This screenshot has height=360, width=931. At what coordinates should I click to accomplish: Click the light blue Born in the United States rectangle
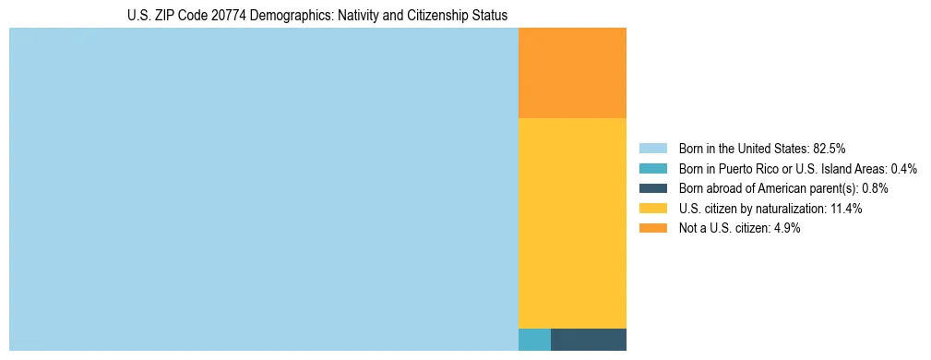[264, 189]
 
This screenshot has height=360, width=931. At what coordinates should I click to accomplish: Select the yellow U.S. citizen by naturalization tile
[572, 223]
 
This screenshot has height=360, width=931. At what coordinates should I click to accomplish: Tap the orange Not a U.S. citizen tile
[572, 73]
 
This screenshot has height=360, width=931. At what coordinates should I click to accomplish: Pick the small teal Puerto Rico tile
[534, 340]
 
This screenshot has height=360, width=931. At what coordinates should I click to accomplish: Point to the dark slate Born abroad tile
[589, 340]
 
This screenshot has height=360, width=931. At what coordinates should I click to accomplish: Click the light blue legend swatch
[652, 148]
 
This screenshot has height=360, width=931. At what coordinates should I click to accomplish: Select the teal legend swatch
[652, 168]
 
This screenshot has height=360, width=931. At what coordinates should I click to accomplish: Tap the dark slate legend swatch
[652, 188]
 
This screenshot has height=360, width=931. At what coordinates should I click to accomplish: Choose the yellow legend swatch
[652, 209]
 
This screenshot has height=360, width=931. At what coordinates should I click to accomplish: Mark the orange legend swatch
[652, 228]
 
